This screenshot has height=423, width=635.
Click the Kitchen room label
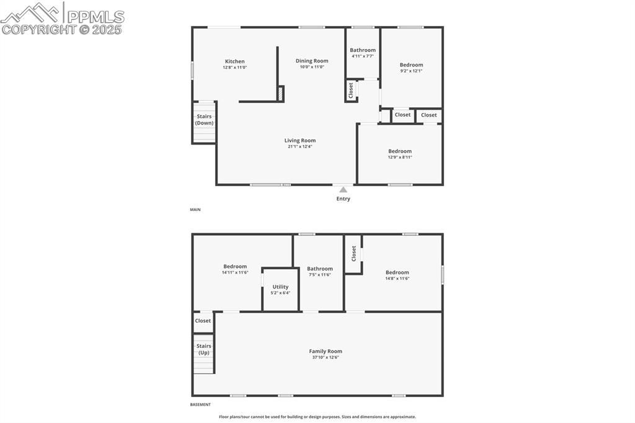click(234, 61)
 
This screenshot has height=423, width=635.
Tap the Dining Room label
click(313, 61)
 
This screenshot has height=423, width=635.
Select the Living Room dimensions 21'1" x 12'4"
click(300, 147)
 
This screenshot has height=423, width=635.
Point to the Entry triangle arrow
click(343, 189)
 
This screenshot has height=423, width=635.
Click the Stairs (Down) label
click(204, 120)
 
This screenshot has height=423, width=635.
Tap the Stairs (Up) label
click(203, 349)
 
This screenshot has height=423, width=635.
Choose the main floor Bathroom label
click(362, 50)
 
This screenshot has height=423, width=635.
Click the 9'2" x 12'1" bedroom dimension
click(411, 71)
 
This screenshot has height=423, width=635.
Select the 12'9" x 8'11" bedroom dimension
click(400, 158)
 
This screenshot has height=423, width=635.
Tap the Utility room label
click(280, 287)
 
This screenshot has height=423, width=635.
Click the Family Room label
click(326, 352)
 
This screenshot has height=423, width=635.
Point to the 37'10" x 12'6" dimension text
click(326, 358)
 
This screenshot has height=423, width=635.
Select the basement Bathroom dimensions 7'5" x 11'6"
click(319, 275)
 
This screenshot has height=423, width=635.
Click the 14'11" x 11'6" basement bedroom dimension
click(235, 272)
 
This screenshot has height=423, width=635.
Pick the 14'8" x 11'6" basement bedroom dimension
click(397, 278)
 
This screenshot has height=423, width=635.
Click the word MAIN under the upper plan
click(195, 210)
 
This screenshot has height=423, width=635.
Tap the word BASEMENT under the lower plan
click(200, 404)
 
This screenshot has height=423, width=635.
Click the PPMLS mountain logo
click(31, 12)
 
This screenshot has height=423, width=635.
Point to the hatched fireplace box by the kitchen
click(281, 94)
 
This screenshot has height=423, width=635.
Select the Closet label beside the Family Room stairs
click(203, 321)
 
